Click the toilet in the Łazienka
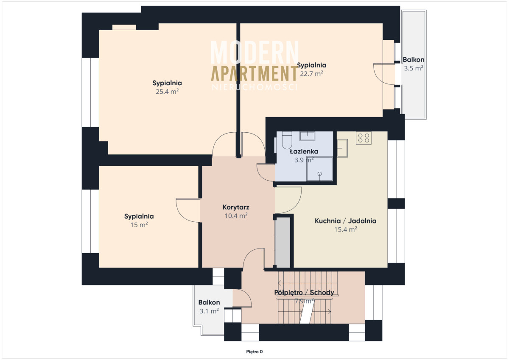pyautogui.click(x=287, y=140)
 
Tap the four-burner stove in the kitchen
pyautogui.click(x=364, y=138)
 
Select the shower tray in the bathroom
pyautogui.click(x=319, y=169)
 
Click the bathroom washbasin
pyautogui.click(x=307, y=136)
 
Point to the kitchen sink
pyautogui.click(x=342, y=148)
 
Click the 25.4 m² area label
pyautogui.click(x=167, y=92)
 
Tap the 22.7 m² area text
pyautogui.click(x=311, y=74)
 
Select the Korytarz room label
pyautogui.click(x=236, y=207)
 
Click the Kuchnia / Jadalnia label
pyautogui.click(x=345, y=221)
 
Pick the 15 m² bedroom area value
pyautogui.click(x=139, y=225)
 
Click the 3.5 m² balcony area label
pyautogui.click(x=414, y=68)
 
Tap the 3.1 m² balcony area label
pyautogui.click(x=209, y=311)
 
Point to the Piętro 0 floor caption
pyautogui.click(x=255, y=352)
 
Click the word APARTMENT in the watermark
pyautogui.click(x=254, y=73)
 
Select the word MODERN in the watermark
pyautogui.click(x=255, y=52)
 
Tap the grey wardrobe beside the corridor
pyautogui.click(x=282, y=243)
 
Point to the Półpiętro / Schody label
pyautogui.click(x=304, y=292)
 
